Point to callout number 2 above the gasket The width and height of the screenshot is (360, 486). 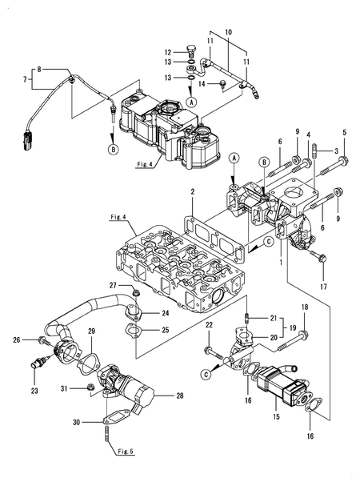[x=193, y=192]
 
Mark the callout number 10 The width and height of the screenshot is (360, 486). [x=228, y=31]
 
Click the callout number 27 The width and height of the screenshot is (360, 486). [x=113, y=286]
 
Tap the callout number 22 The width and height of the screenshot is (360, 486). [x=209, y=324]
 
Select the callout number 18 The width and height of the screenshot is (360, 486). [x=304, y=307]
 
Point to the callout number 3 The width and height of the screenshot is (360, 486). [x=338, y=151]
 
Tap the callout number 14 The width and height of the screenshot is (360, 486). [x=202, y=83]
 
